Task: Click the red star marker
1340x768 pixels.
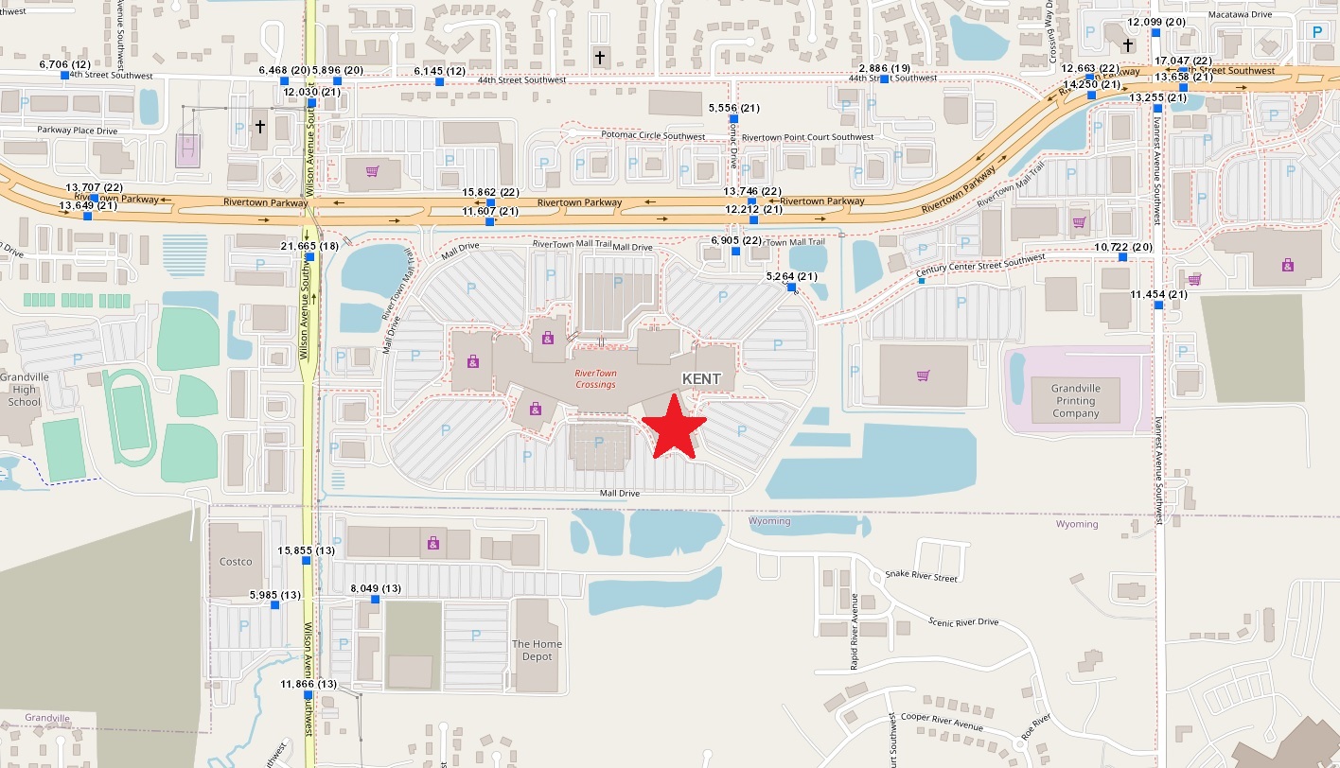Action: click(674, 427)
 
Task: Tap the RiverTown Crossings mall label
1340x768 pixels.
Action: click(595, 378)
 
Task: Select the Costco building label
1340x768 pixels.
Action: click(236, 562)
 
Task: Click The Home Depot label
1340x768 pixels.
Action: click(537, 651)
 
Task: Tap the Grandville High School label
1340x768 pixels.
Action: click(25, 389)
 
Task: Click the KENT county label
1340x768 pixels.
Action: click(702, 378)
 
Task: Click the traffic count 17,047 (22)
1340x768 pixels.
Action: click(1182, 61)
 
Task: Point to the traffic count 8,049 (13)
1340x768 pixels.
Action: click(375, 588)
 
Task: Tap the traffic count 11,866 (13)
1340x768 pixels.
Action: click(309, 684)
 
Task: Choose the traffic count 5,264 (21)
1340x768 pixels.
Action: click(790, 276)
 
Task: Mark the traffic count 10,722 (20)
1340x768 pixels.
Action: click(1122, 247)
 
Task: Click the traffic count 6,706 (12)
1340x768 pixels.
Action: click(62, 64)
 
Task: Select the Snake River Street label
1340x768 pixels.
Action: click(920, 576)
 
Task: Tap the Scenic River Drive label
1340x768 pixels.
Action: click(963, 621)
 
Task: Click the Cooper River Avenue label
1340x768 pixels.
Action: click(942, 722)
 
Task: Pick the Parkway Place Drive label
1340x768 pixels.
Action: click(78, 130)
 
